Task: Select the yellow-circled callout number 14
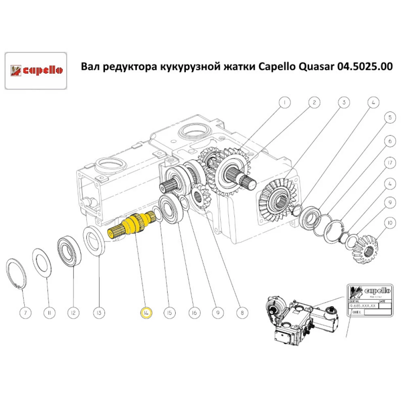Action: coord(146,312)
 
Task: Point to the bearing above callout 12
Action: coord(70,251)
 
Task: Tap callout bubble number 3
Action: coord(344,103)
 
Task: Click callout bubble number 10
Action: coord(389,222)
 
